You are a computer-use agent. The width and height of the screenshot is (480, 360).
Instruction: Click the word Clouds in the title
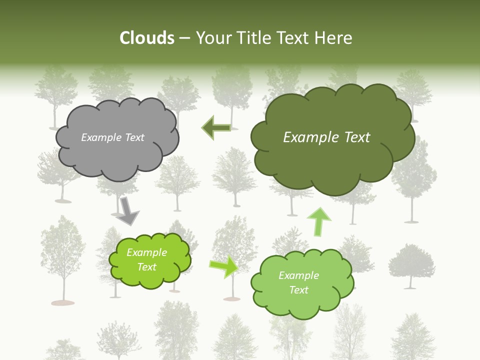point(147,38)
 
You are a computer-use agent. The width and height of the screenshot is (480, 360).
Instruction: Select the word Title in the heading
point(252,38)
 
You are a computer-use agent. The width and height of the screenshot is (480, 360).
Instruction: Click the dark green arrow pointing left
point(216,128)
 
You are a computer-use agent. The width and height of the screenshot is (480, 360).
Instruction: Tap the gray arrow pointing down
point(127,210)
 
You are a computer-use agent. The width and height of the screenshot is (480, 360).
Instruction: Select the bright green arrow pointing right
point(224,267)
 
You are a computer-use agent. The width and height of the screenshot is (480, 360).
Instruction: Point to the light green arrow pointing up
point(318,221)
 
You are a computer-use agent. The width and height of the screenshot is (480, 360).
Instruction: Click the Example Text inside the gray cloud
point(112,137)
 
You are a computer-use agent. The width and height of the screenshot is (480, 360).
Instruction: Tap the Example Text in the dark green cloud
point(326,137)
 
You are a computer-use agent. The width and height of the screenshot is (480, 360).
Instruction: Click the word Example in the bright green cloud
point(146,252)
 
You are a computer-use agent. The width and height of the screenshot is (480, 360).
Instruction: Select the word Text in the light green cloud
point(298,290)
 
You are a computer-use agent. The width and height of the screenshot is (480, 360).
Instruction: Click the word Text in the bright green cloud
point(146,267)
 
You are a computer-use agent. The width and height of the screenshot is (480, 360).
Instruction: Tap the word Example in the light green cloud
point(298,275)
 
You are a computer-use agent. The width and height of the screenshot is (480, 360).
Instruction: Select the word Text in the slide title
point(294,38)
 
